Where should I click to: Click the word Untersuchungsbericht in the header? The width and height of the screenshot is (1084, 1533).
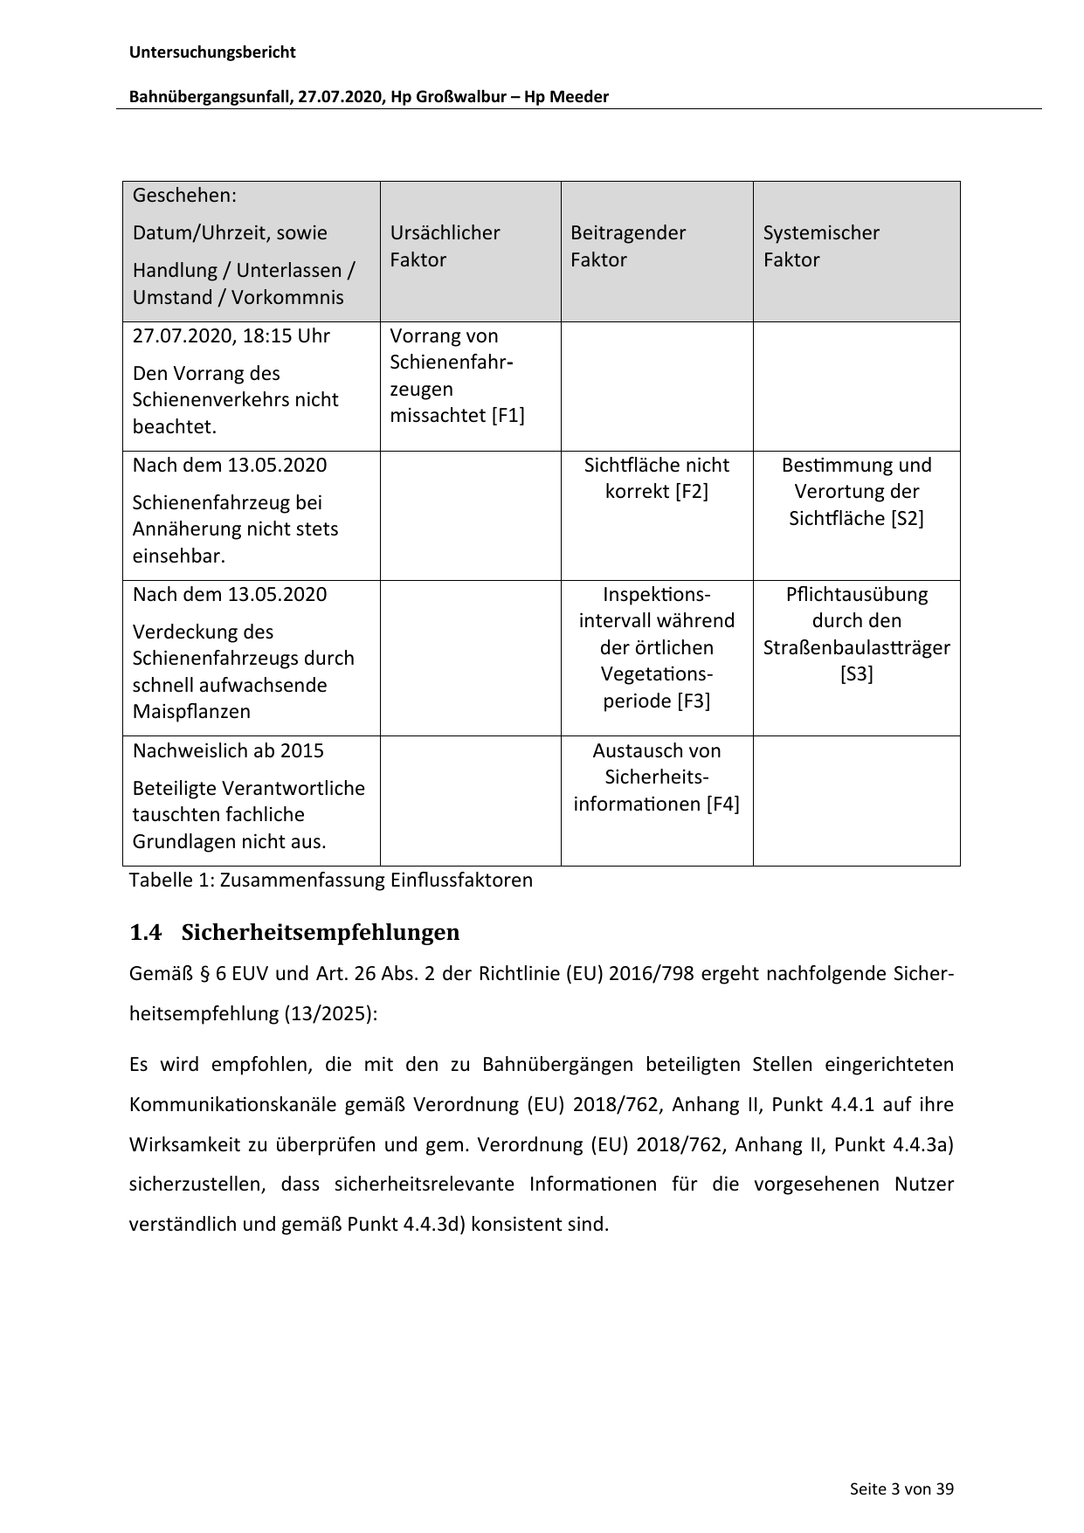[x=212, y=52]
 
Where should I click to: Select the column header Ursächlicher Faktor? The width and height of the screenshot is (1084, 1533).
[x=445, y=246]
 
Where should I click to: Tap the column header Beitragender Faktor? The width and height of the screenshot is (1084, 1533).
[x=627, y=246]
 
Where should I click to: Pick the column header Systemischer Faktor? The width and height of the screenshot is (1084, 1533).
[x=821, y=246]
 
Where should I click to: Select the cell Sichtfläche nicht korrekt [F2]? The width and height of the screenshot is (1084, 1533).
[x=656, y=478]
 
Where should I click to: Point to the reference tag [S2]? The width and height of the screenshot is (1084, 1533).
[x=907, y=519]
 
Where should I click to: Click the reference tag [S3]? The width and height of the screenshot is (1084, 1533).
[x=856, y=674]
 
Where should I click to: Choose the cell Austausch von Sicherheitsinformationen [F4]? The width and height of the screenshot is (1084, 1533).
[x=656, y=777]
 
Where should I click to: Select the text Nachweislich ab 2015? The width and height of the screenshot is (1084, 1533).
[x=228, y=751]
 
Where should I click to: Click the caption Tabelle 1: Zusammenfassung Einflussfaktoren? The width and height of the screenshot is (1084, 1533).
[x=331, y=880]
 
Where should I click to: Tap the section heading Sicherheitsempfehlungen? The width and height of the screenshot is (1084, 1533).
[x=321, y=933]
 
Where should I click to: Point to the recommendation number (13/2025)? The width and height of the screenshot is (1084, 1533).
[x=330, y=1014]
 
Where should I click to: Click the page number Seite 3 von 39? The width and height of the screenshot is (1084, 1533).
[x=901, y=1488]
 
